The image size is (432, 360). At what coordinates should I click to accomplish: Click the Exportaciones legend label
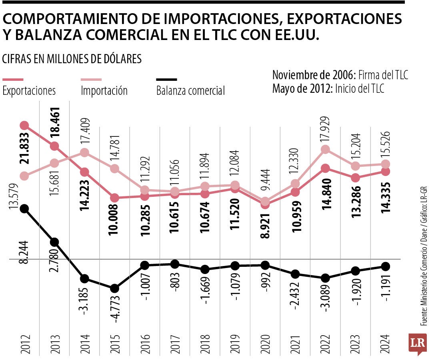click(x=29, y=90)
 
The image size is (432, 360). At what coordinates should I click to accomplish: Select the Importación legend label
click(x=104, y=90)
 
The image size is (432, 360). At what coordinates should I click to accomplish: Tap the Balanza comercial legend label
click(x=190, y=91)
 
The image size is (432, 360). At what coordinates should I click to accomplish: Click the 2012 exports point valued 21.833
click(x=24, y=126)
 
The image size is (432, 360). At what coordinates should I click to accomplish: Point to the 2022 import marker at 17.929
click(x=325, y=149)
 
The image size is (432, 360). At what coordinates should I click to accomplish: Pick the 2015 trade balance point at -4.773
click(x=114, y=288)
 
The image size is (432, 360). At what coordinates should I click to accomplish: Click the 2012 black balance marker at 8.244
click(x=24, y=208)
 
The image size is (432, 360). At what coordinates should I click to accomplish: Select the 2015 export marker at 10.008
click(x=114, y=198)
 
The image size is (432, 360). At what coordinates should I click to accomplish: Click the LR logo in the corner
click(x=417, y=343)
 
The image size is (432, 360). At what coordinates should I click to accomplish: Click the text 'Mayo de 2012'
click(x=301, y=88)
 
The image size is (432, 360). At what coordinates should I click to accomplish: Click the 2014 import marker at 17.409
click(x=84, y=152)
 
